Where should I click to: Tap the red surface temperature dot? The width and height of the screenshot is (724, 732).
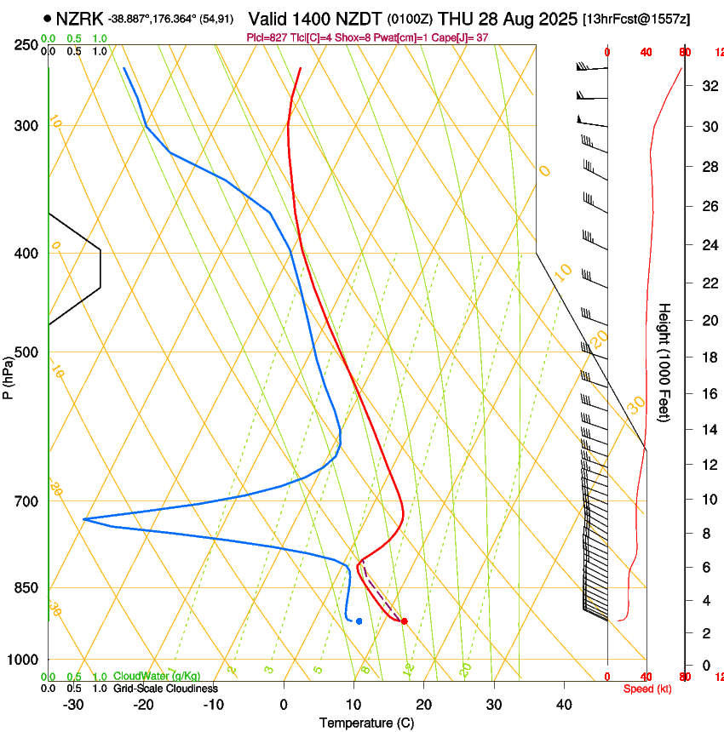(x=404, y=621)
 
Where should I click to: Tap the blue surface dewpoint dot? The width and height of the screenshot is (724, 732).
(x=359, y=621)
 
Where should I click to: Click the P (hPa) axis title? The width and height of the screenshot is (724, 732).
(x=9, y=375)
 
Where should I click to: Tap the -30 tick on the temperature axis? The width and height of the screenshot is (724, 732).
(x=73, y=705)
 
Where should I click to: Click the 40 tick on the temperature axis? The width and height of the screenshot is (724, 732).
(x=563, y=705)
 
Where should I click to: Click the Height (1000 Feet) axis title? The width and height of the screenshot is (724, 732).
(x=664, y=362)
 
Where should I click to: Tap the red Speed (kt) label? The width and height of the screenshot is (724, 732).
(x=645, y=689)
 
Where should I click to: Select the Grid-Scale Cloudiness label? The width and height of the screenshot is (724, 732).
(x=165, y=689)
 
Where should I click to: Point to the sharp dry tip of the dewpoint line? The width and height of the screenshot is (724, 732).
(x=84, y=518)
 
